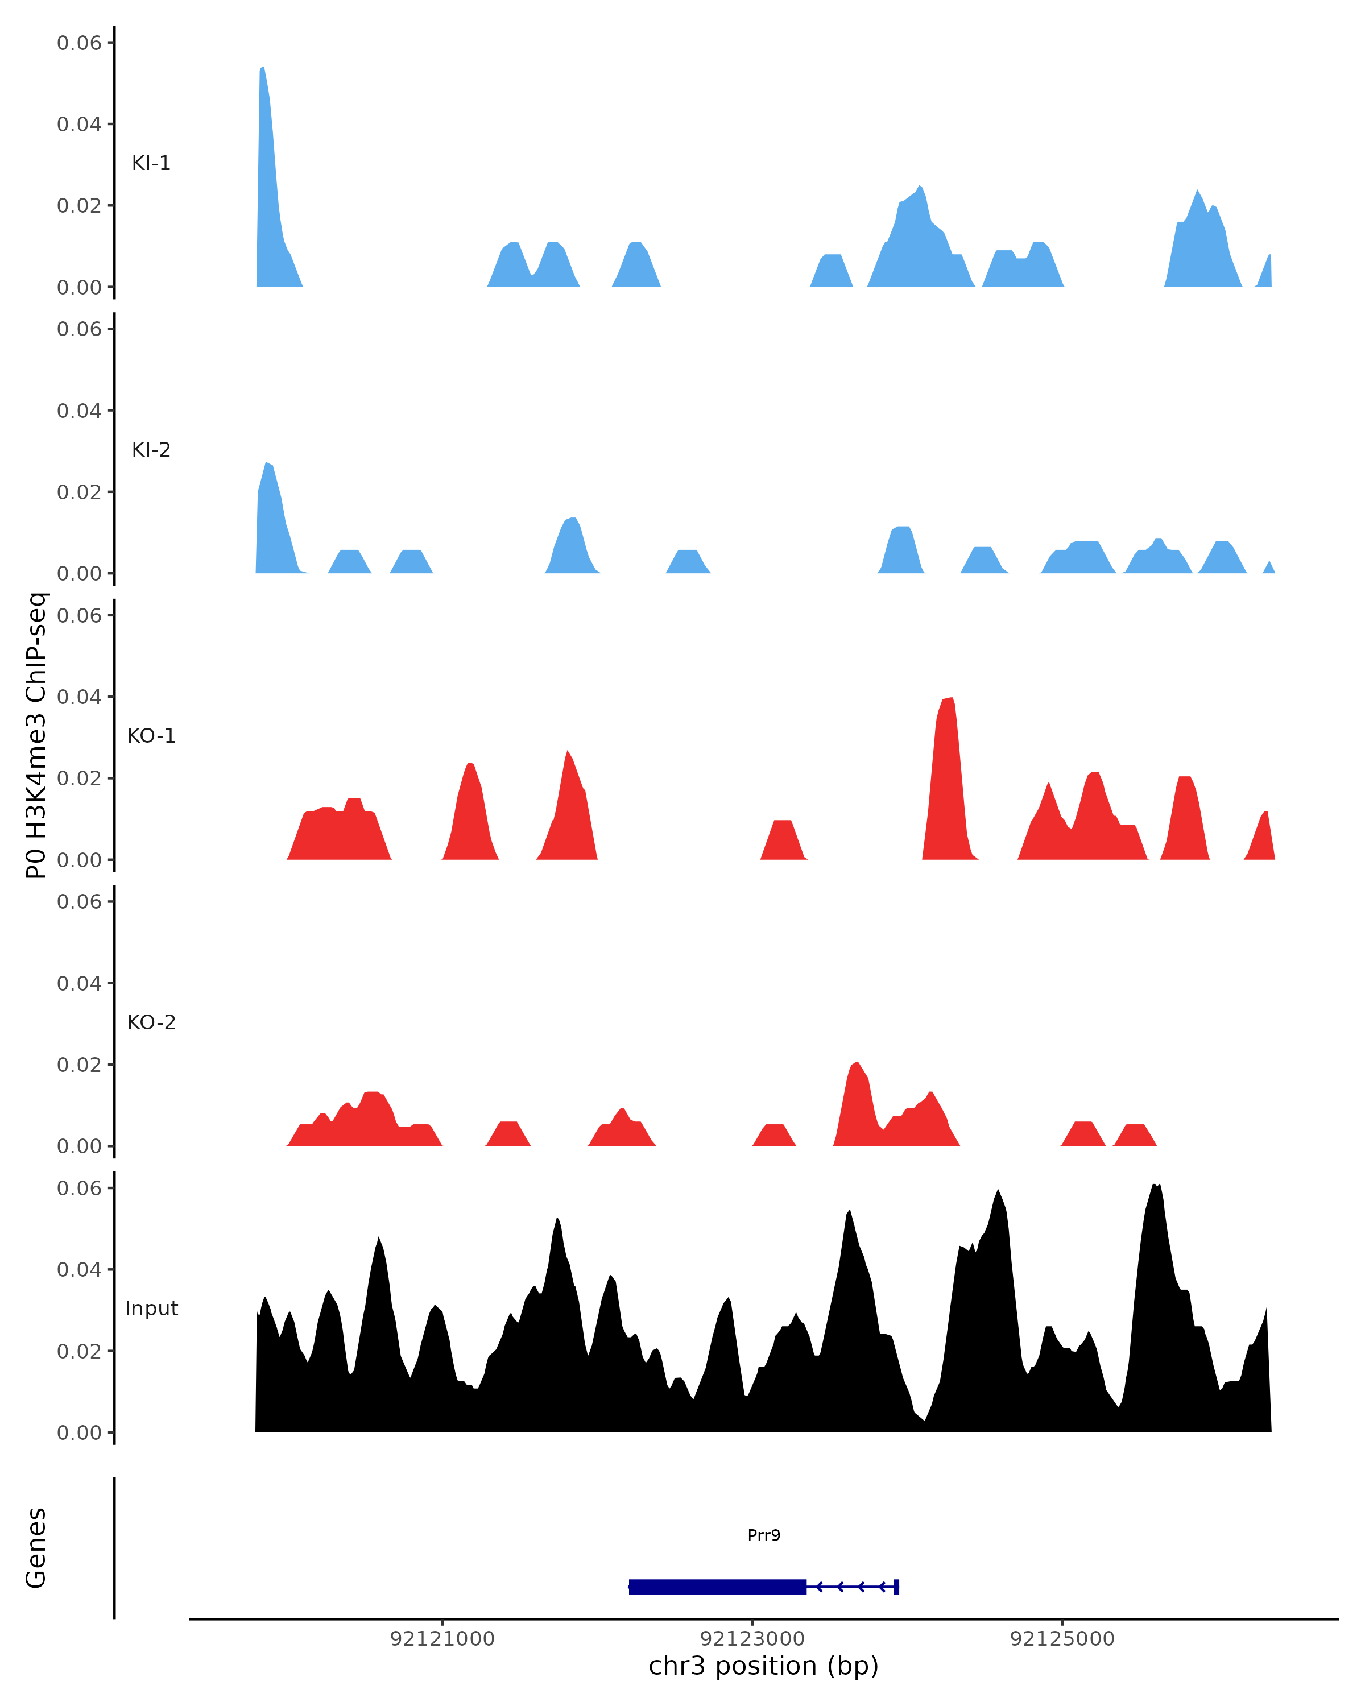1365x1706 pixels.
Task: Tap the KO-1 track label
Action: tap(151, 736)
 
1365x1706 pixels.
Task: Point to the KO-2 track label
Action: tap(151, 1022)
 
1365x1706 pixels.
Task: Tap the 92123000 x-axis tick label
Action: tap(752, 1639)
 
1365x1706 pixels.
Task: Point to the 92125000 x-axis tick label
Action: tap(1062, 1639)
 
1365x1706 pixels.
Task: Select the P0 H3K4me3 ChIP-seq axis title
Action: tap(36, 735)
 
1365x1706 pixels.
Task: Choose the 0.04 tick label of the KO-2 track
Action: tap(79, 984)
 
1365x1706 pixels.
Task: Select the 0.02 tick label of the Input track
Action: tap(79, 1352)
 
